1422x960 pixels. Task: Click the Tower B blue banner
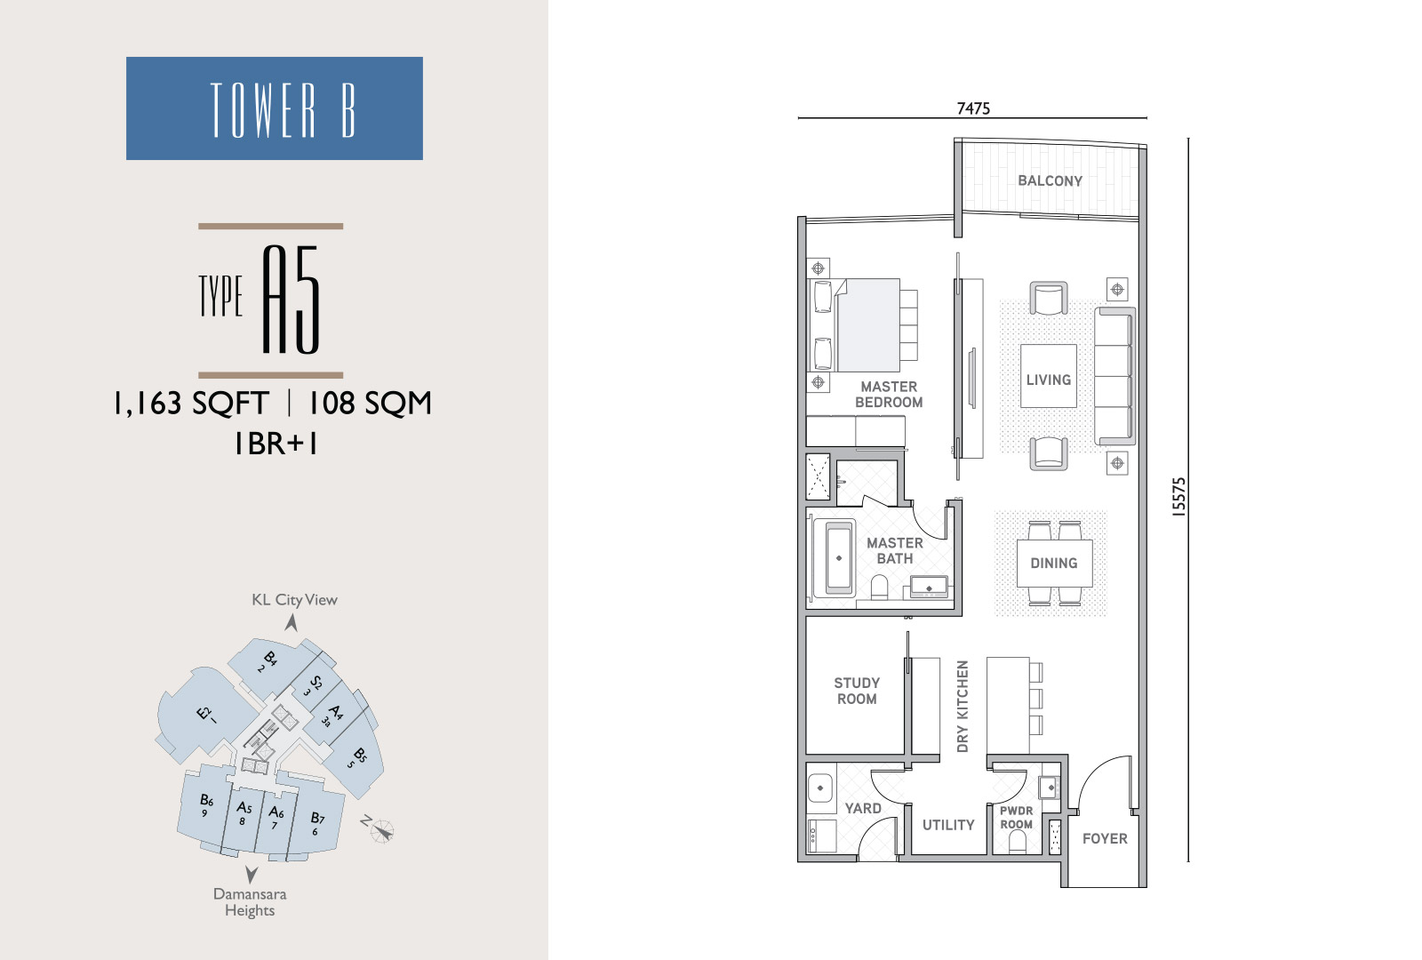pyautogui.click(x=275, y=108)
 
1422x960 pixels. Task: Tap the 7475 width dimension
pyautogui.click(x=973, y=108)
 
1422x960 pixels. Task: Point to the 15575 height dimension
pyautogui.click(x=1178, y=497)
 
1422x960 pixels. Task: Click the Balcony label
pyautogui.click(x=1050, y=181)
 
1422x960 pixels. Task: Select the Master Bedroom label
pyautogui.click(x=889, y=395)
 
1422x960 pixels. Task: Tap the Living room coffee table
pyautogui.click(x=1048, y=376)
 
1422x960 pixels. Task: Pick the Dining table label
pyautogui.click(x=1054, y=564)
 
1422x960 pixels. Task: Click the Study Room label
pyautogui.click(x=857, y=691)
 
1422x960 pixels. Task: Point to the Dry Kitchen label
pyautogui.click(x=963, y=706)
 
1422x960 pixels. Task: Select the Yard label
pyautogui.click(x=863, y=808)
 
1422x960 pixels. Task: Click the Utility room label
pyautogui.click(x=947, y=825)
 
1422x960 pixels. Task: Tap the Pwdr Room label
pyautogui.click(x=1017, y=818)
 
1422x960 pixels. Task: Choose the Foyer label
pyautogui.click(x=1105, y=839)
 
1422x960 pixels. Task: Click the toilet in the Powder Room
pyautogui.click(x=1017, y=843)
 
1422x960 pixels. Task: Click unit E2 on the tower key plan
pyautogui.click(x=204, y=716)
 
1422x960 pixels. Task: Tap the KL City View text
pyautogui.click(x=294, y=600)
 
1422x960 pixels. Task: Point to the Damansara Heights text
pyautogui.click(x=250, y=902)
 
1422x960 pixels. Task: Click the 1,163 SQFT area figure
pyautogui.click(x=190, y=404)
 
